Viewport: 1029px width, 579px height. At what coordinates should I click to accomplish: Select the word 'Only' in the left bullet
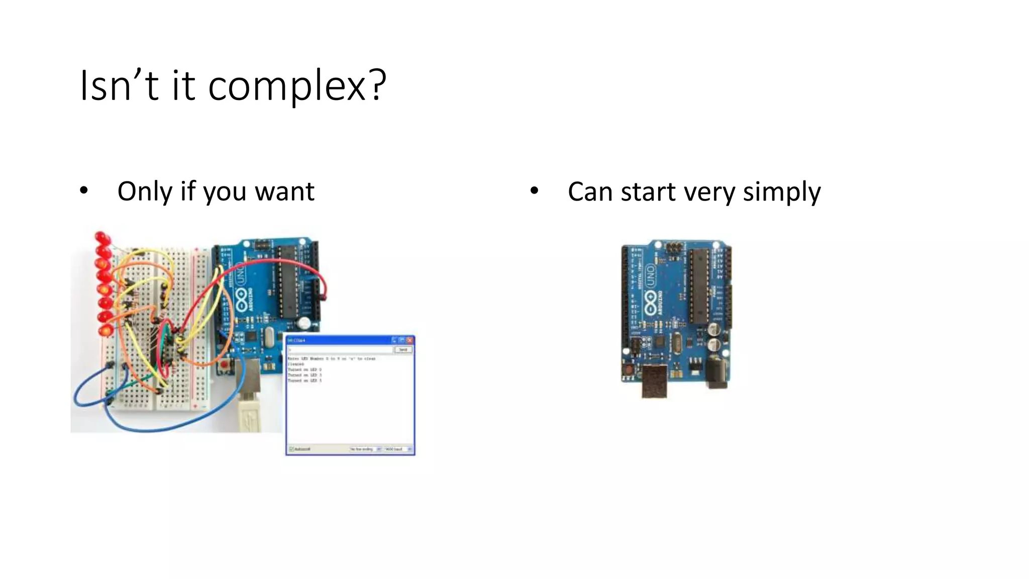(145, 191)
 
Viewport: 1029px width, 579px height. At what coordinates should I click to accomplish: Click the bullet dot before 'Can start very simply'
(534, 190)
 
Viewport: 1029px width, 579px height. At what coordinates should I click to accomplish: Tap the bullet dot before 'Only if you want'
(84, 190)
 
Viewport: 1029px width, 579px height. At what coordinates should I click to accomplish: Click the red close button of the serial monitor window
(409, 340)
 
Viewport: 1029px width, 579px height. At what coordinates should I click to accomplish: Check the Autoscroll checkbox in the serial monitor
(291, 449)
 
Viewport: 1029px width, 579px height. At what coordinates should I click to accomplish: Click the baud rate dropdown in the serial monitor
(398, 449)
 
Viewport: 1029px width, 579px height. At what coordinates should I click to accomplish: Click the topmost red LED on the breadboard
(101, 237)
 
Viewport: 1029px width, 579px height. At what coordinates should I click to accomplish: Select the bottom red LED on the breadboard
(106, 330)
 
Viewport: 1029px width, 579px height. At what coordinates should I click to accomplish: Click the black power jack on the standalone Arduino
(717, 374)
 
